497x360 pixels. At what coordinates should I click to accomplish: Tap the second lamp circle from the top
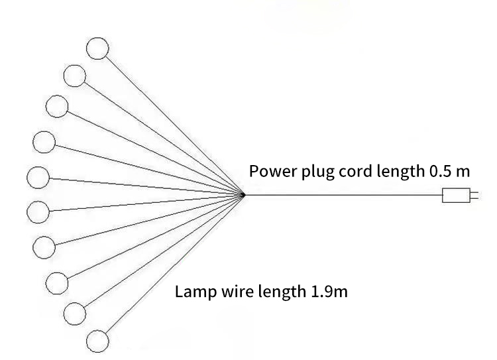pos(74,76)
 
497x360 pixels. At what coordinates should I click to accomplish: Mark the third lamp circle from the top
pos(57,106)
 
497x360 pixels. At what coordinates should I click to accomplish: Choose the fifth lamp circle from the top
pos(38,178)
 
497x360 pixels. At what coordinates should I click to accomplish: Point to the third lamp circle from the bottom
pos(57,282)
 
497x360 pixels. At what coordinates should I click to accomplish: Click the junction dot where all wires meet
pos(243,195)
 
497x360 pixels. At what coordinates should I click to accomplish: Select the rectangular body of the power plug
pos(455,196)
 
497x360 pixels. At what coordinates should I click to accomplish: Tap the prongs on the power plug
pos(472,196)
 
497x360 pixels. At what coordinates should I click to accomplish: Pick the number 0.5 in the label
pos(439,171)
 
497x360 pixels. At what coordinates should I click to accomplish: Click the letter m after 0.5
pos(463,172)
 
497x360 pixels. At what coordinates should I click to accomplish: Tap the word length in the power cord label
pos(400,172)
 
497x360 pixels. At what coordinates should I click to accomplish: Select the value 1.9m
pos(329,291)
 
